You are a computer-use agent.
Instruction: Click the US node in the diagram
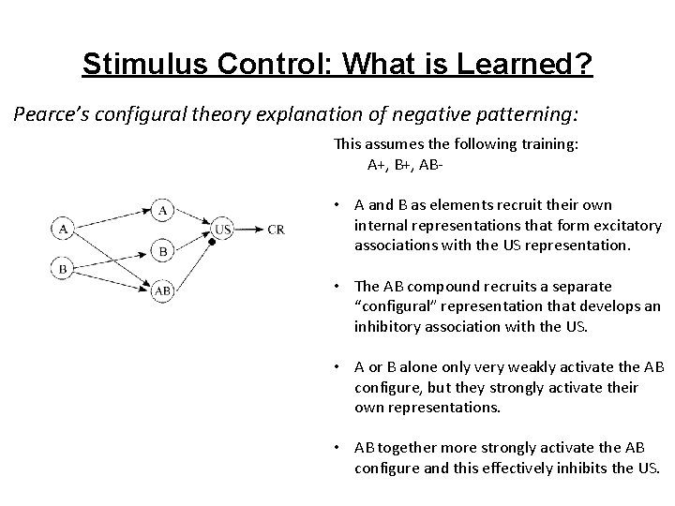point(223,228)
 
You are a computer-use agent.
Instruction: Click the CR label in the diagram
point(276,229)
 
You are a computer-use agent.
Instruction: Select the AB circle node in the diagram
point(162,291)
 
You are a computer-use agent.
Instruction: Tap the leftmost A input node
point(62,228)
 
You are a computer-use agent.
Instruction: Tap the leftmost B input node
point(62,269)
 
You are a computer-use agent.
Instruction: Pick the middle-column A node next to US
point(162,209)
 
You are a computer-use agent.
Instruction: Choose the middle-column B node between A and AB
point(162,250)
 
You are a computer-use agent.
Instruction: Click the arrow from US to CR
point(248,229)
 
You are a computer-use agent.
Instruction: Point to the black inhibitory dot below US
point(212,243)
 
